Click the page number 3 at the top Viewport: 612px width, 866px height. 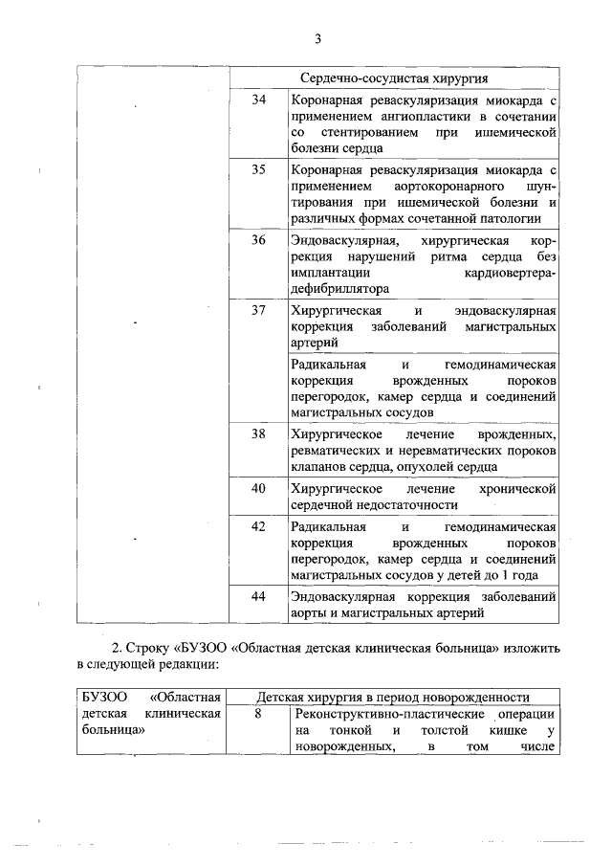pyautogui.click(x=317, y=39)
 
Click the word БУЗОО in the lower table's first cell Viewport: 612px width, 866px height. pyautogui.click(x=100, y=698)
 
